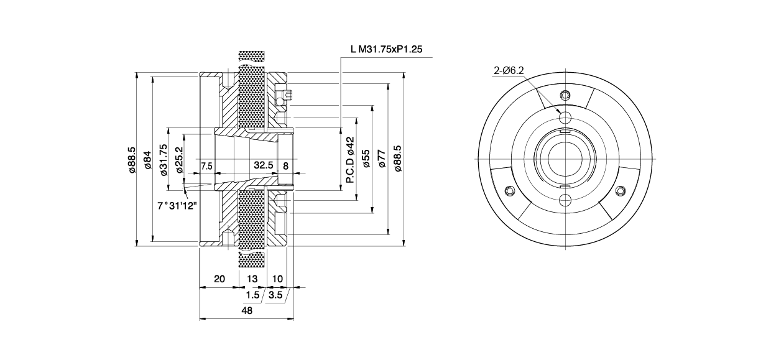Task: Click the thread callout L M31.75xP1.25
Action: point(387,50)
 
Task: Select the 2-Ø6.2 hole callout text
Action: point(509,72)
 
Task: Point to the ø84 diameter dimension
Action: point(147,160)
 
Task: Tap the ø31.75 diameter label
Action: point(163,160)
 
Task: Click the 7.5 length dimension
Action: point(207,166)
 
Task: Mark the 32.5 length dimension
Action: point(264,166)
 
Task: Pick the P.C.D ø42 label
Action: point(349,160)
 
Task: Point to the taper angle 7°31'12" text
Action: point(177,205)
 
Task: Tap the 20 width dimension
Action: point(219,279)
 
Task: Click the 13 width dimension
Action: point(252,279)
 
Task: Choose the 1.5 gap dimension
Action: point(252,295)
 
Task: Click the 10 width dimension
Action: point(277,279)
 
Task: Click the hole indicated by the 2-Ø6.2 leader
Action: point(565,117)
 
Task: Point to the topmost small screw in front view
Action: point(565,95)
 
